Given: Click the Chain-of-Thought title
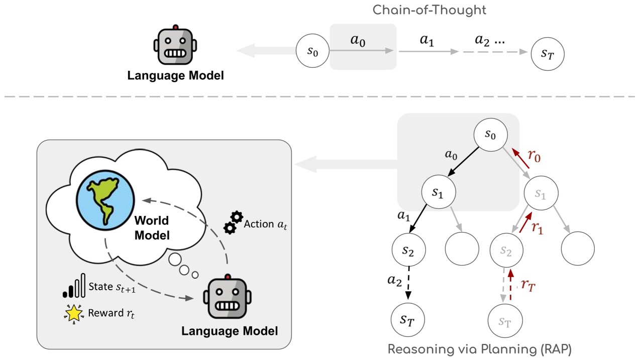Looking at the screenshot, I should point(429,10).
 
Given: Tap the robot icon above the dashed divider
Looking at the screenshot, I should point(175,46).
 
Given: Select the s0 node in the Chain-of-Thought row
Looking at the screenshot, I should point(313,51).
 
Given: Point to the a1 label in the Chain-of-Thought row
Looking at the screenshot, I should point(427,41).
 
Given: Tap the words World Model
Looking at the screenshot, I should point(151,227).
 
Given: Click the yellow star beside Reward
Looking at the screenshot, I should point(73,313).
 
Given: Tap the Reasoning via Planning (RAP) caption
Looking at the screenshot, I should point(479,348).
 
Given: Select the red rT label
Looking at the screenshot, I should point(527,285).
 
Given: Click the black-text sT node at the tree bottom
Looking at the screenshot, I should point(408,319).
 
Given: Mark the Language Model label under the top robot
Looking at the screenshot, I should point(175,76).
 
